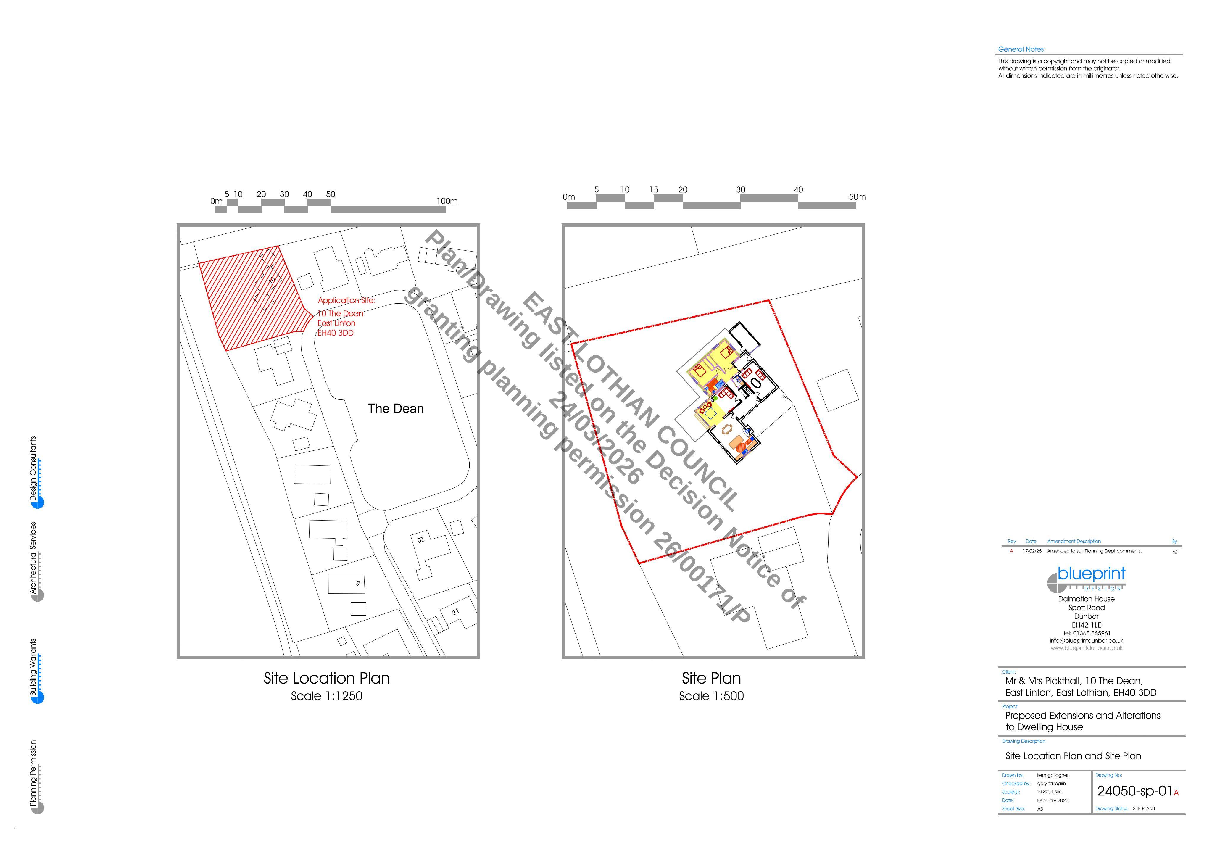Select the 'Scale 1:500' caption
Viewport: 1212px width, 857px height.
point(712,696)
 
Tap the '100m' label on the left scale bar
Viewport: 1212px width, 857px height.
point(447,201)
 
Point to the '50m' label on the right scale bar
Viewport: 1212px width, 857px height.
point(857,197)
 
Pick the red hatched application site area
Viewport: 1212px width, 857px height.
point(253,298)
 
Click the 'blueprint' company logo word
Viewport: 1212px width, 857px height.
point(1091,574)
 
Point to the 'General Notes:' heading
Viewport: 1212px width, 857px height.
point(1021,49)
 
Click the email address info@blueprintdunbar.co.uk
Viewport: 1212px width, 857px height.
point(1086,640)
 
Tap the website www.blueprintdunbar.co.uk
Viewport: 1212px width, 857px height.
point(1086,648)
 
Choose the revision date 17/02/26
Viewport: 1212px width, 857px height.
point(1032,551)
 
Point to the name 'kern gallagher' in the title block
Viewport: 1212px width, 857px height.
point(1053,775)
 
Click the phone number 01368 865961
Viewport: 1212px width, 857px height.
point(1091,633)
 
